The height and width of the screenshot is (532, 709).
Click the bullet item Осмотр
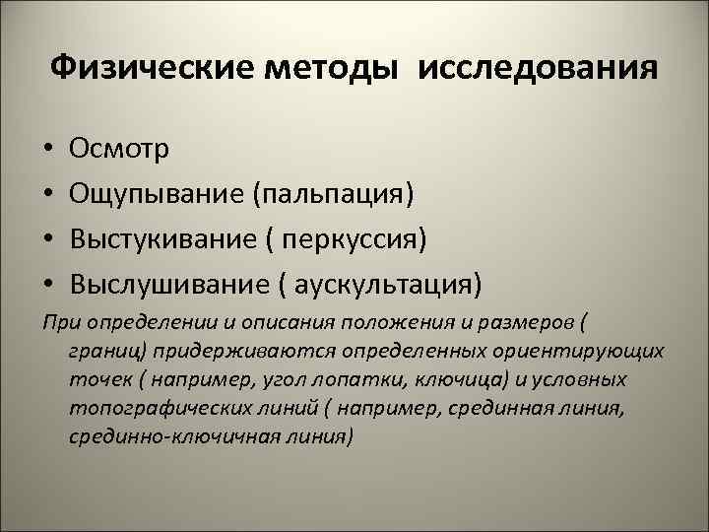pos(119,150)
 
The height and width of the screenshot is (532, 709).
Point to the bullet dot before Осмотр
pos(47,151)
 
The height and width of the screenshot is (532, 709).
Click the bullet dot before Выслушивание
pos(47,287)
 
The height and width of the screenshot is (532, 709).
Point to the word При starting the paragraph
pos(60,324)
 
